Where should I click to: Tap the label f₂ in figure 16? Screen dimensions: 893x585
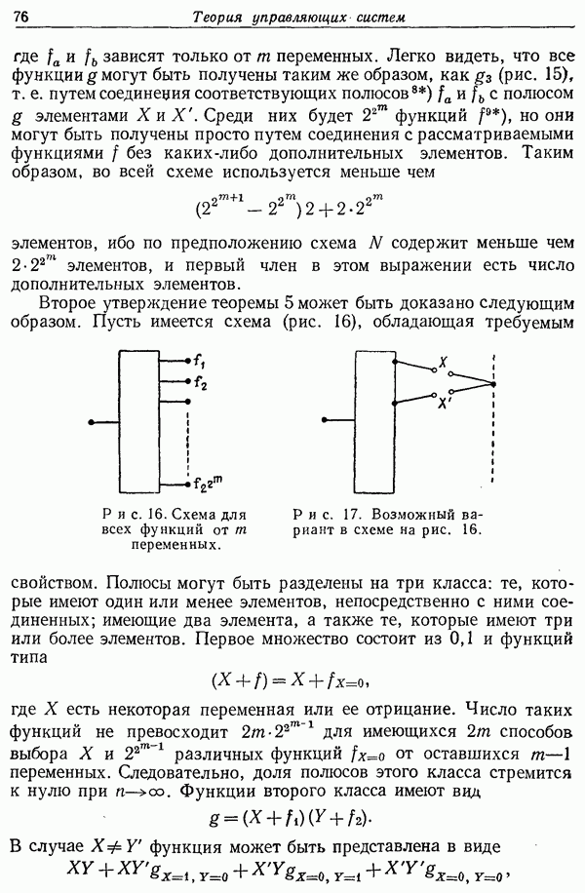[201, 383]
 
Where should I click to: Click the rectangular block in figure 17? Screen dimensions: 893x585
[374, 422]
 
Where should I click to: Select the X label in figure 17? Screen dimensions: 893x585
[444, 361]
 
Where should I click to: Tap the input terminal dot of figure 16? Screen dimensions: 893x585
[90, 422]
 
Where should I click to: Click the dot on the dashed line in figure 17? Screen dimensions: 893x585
[493, 384]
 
